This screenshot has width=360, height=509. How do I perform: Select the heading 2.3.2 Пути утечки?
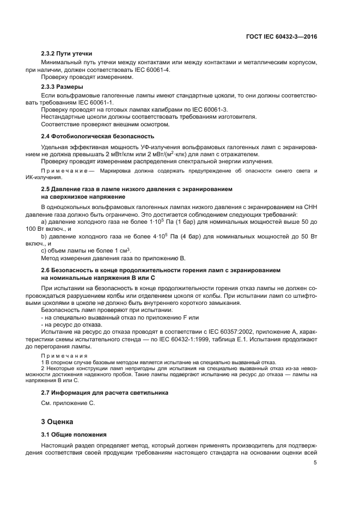pos(66,54)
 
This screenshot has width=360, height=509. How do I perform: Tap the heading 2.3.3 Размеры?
pos(62,87)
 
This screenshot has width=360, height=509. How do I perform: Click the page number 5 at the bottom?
pos(315,463)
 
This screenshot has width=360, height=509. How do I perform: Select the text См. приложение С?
pos(68,403)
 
